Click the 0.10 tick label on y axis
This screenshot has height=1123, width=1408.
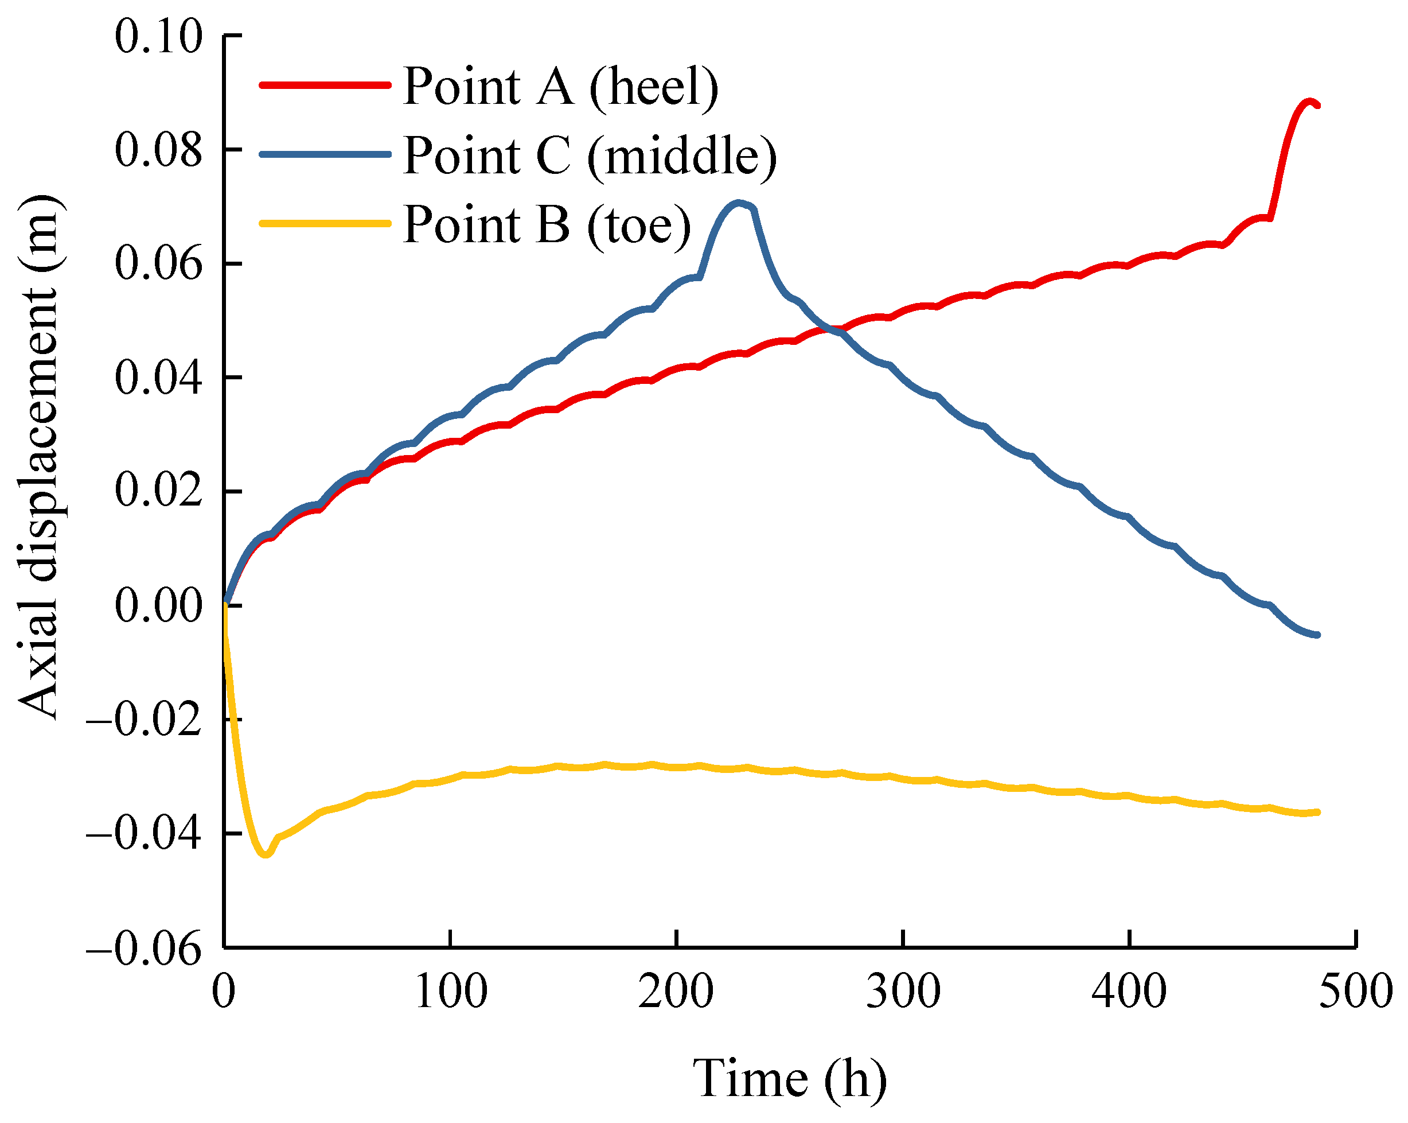click(x=158, y=37)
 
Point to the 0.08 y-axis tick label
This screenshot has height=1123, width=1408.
click(x=158, y=150)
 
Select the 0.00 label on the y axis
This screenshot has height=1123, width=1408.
click(x=158, y=605)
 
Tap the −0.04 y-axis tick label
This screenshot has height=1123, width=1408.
click(x=144, y=834)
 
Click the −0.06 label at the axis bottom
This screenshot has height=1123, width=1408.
click(x=144, y=949)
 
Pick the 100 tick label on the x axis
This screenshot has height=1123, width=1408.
click(x=451, y=992)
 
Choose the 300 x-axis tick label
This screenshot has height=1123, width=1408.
click(x=903, y=992)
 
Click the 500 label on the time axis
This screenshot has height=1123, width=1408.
click(x=1356, y=992)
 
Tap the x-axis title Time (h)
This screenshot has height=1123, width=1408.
click(x=790, y=1079)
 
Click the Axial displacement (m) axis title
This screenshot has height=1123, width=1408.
click(x=41, y=457)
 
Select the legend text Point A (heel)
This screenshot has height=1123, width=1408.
click(x=560, y=86)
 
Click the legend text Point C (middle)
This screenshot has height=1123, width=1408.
click(x=590, y=156)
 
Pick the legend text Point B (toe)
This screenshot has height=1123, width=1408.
click(x=547, y=226)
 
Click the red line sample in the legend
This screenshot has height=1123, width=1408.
click(x=325, y=86)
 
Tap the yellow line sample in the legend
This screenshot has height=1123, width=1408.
click(x=325, y=224)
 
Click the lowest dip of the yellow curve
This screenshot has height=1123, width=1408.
click(x=264, y=854)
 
